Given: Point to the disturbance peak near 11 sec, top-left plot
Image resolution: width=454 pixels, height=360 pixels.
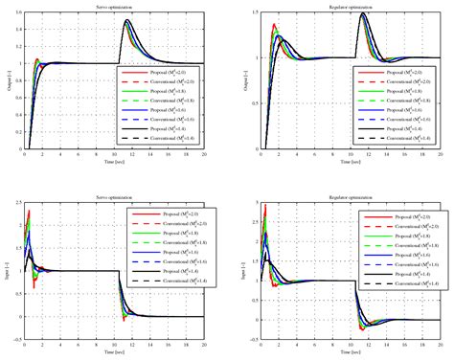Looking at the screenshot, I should (125, 21).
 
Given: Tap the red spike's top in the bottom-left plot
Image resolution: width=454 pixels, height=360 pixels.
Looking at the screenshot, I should (30, 211).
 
